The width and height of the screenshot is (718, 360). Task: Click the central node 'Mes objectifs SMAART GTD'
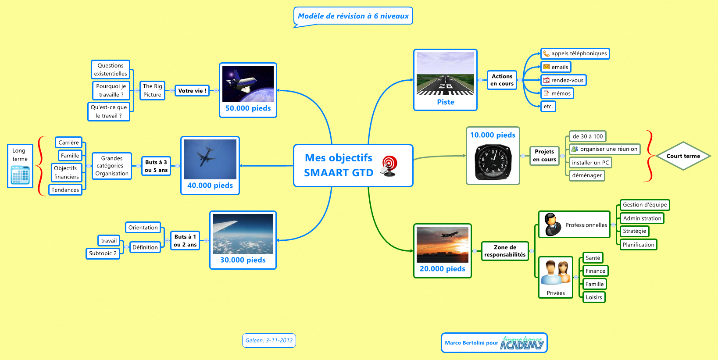click(x=338, y=165)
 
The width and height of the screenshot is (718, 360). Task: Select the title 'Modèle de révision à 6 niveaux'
click(x=353, y=16)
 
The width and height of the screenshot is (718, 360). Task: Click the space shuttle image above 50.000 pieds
click(x=248, y=84)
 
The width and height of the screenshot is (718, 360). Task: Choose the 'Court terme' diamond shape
click(x=683, y=156)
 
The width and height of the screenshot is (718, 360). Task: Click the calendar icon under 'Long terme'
click(x=20, y=175)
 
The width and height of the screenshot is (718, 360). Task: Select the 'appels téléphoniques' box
click(x=575, y=53)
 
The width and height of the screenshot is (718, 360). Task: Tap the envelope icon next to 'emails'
click(x=547, y=67)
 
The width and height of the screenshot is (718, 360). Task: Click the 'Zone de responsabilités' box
click(x=505, y=251)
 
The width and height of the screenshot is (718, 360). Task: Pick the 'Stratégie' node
click(x=634, y=231)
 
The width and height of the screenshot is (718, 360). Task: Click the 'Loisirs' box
click(x=594, y=297)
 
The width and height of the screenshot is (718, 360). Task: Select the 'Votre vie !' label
click(x=192, y=91)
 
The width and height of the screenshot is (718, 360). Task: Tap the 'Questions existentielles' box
click(x=111, y=70)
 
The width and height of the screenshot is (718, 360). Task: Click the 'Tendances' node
click(x=65, y=190)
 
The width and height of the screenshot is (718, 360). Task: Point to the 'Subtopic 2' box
click(x=103, y=253)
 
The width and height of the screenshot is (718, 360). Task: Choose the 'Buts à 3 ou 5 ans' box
click(x=156, y=166)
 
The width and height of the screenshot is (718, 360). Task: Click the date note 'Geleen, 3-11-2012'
click(x=269, y=340)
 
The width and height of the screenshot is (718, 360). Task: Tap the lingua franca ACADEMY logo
click(x=522, y=343)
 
